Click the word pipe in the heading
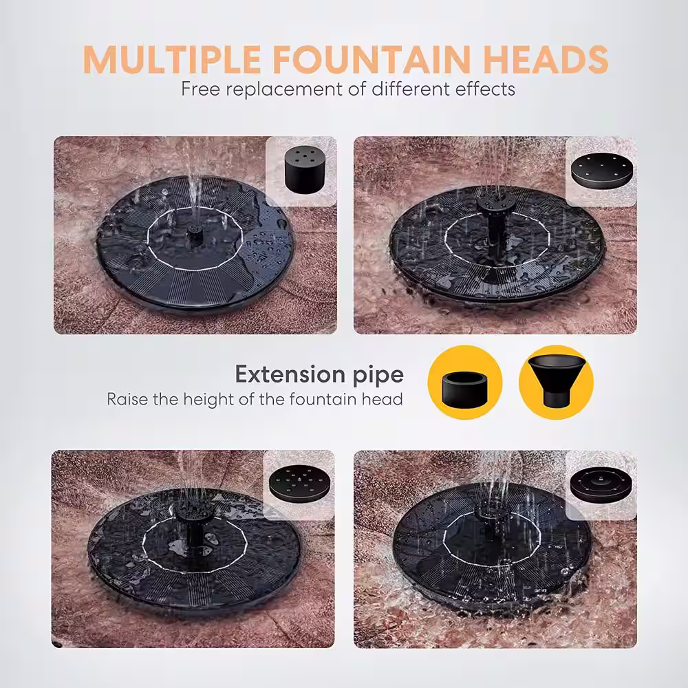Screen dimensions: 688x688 [x=378, y=376]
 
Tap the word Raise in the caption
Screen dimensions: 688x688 [x=127, y=400]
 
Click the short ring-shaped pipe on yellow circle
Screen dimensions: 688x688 [x=465, y=381]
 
